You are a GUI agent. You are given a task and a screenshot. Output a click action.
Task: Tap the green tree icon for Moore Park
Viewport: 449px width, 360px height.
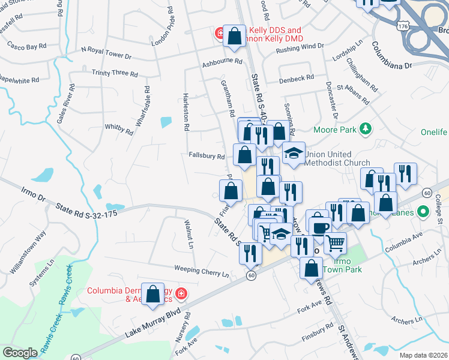(364, 128)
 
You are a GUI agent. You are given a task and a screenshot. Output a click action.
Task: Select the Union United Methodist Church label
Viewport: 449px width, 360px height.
(337, 158)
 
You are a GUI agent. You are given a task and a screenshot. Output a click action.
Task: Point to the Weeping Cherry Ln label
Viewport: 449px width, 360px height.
(202, 270)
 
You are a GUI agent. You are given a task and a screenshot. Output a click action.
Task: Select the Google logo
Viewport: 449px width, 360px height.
(20, 353)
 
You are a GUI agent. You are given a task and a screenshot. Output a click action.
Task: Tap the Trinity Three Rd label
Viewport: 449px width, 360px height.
(115, 73)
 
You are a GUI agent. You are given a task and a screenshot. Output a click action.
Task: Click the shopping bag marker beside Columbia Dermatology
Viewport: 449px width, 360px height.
(153, 294)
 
